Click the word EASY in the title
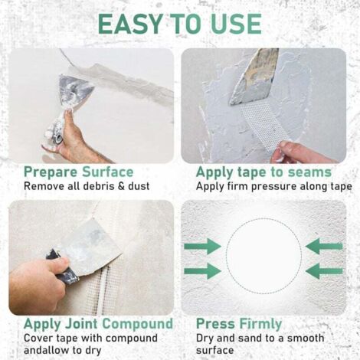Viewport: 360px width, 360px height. coord(129,24)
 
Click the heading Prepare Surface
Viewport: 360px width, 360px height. coord(79,172)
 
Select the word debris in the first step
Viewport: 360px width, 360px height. coord(101,186)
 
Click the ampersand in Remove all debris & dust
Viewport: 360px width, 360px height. coord(121,186)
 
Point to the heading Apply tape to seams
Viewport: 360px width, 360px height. coord(263,172)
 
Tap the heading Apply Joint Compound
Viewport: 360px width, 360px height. coord(98,324)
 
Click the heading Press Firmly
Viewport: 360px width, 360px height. coord(239,324)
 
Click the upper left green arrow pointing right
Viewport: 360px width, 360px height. coord(203,247)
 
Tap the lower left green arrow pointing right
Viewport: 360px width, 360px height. coord(203,271)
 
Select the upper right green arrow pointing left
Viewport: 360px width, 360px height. coord(324,247)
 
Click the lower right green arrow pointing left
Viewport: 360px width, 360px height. coord(324,271)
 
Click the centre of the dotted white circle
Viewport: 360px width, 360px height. coord(263,256)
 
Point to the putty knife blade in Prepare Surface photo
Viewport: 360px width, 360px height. coord(76,90)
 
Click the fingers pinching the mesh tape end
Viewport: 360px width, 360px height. coord(282,151)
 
